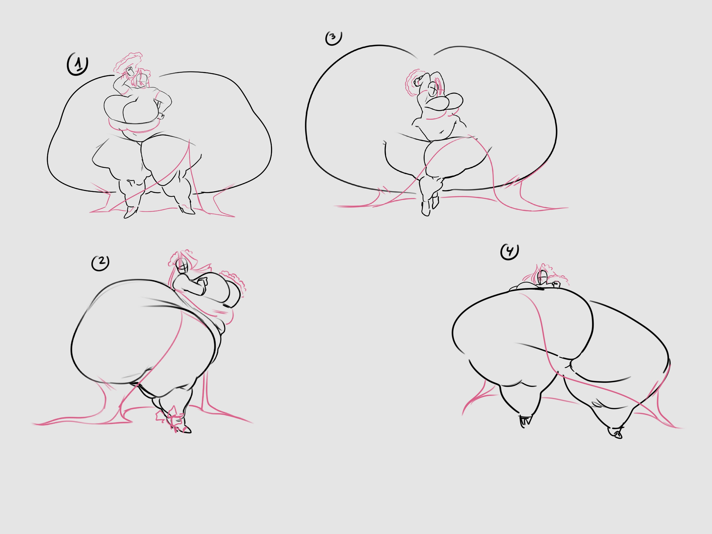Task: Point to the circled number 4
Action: tap(509, 252)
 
